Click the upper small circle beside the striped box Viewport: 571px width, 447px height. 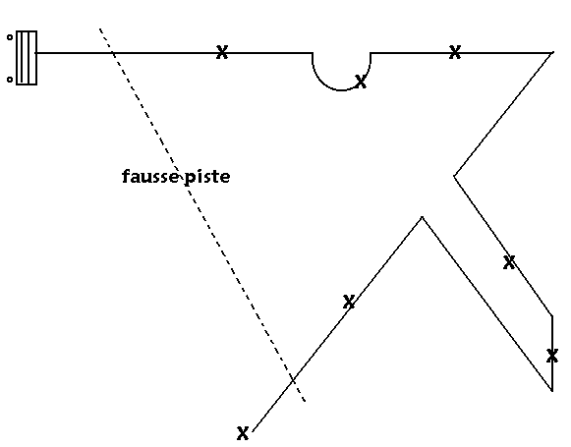pyautogui.click(x=10, y=37)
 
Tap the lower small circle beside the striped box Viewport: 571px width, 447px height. pyautogui.click(x=10, y=80)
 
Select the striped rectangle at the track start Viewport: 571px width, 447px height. pyautogui.click(x=27, y=58)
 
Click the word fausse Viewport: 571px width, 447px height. pyautogui.click(x=150, y=177)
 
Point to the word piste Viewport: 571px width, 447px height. pyautogui.click(x=207, y=177)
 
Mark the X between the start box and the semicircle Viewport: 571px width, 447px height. pyautogui.click(x=222, y=52)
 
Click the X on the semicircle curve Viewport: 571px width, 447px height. pyautogui.click(x=360, y=82)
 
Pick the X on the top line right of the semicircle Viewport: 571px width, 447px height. pyautogui.click(x=455, y=52)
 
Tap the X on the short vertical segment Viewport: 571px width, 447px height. pyautogui.click(x=552, y=356)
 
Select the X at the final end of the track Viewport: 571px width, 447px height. pyautogui.click(x=243, y=433)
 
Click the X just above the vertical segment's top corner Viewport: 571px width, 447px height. pyautogui.click(x=509, y=262)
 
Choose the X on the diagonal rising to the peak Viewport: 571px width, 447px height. pyautogui.click(x=349, y=302)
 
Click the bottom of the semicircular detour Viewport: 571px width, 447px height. pyautogui.click(x=341, y=89)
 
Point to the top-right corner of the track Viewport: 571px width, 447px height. pyautogui.click(x=553, y=53)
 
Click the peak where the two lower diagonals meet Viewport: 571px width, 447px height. pyautogui.click(x=422, y=217)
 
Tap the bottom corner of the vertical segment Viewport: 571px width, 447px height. pyautogui.click(x=552, y=391)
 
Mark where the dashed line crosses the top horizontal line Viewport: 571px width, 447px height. pyautogui.click(x=114, y=53)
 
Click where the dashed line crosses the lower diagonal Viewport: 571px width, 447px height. pyautogui.click(x=293, y=381)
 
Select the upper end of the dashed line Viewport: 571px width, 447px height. pyautogui.click(x=100, y=28)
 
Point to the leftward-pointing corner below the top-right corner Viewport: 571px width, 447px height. pyautogui.click(x=454, y=176)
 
